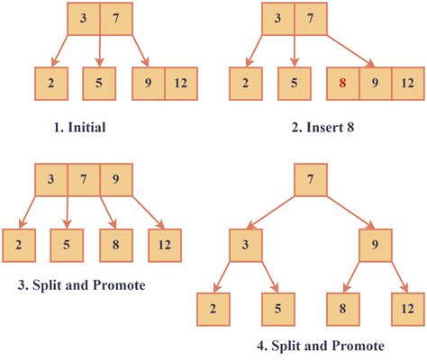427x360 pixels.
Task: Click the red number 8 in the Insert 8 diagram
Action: pyautogui.click(x=342, y=84)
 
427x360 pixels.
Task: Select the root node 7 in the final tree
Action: pyautogui.click(x=310, y=180)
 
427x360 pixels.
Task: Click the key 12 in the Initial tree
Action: pyautogui.click(x=179, y=84)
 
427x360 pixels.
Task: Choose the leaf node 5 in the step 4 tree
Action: pyautogui.click(x=277, y=311)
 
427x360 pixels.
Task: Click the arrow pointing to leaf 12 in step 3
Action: pyautogui.click(x=149, y=212)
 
